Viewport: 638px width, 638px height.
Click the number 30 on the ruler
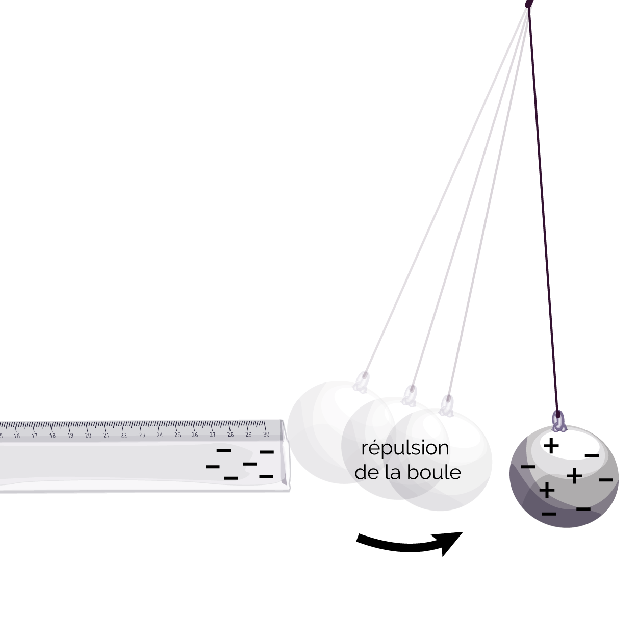[x=266, y=434]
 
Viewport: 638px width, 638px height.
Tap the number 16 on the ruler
[x=16, y=436]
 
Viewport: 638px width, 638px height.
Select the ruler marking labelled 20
[x=88, y=436]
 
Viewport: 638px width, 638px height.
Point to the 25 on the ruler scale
[x=177, y=435]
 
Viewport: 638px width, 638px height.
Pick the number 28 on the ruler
[x=231, y=435]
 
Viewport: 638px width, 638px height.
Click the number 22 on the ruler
[x=124, y=435]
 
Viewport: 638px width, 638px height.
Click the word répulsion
[x=405, y=449]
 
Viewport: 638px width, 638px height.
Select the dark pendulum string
[x=543, y=211]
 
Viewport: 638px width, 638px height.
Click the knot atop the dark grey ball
[x=558, y=421]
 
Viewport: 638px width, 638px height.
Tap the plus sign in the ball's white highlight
[x=551, y=445]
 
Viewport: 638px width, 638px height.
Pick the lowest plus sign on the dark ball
[x=547, y=490]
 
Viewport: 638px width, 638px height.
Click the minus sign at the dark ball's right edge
[x=605, y=479]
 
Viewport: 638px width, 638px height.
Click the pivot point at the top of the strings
[x=529, y=3]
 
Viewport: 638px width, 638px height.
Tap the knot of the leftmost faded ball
[x=361, y=382]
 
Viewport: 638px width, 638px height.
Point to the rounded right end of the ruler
[x=286, y=456]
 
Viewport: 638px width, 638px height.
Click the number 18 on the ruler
[x=53, y=436]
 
